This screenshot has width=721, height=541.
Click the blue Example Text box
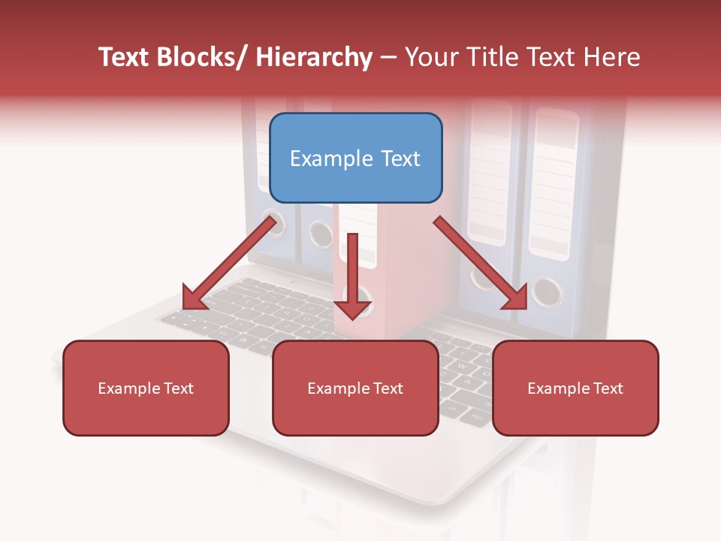(x=355, y=158)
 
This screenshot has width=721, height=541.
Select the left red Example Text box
(x=146, y=388)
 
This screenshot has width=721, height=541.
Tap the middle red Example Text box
(x=355, y=388)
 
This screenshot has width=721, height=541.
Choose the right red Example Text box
(x=575, y=388)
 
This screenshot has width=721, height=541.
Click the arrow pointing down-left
(x=229, y=263)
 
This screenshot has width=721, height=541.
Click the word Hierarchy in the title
(x=314, y=57)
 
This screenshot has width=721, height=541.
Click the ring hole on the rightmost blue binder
(x=547, y=291)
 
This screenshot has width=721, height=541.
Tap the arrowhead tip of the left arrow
(x=185, y=307)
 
